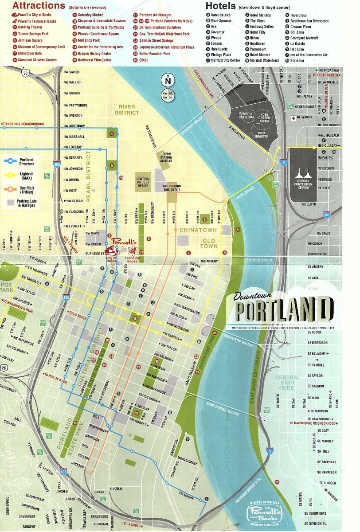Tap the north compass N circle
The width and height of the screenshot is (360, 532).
tap(168, 81)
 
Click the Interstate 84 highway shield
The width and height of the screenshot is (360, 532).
tap(326, 215)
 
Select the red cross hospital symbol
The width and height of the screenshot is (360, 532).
tap(293, 118)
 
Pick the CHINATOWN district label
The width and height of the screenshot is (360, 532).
tap(198, 230)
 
